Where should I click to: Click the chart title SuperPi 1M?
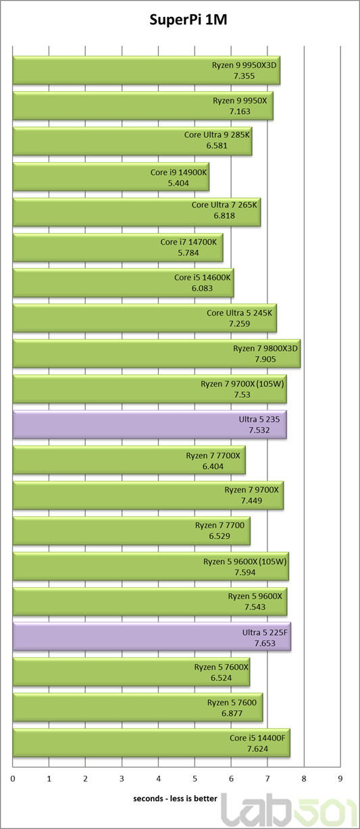coord(188,20)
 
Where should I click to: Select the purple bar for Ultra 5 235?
coord(149,424)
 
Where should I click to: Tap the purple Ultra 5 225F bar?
coord(152,638)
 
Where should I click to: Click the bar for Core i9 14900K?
coord(111,177)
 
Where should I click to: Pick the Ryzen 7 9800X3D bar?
coord(157,353)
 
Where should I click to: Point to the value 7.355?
coord(245,76)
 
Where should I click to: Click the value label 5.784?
coord(188,253)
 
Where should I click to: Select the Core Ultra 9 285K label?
coord(217,134)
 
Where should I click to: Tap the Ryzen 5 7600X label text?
coord(222,668)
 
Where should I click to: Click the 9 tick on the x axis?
coord(340,779)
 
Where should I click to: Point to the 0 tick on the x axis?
coord(13,779)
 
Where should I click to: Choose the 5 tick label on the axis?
coord(195,779)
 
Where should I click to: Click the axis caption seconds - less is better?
coord(175,799)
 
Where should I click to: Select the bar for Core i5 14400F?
coord(151,743)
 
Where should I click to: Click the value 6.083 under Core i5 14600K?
coord(202,288)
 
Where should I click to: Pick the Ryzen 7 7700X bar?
coord(129,460)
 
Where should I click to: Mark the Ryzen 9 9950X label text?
coord(240,101)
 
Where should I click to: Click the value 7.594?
coord(245,572)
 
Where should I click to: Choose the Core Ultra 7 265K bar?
coord(136,212)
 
